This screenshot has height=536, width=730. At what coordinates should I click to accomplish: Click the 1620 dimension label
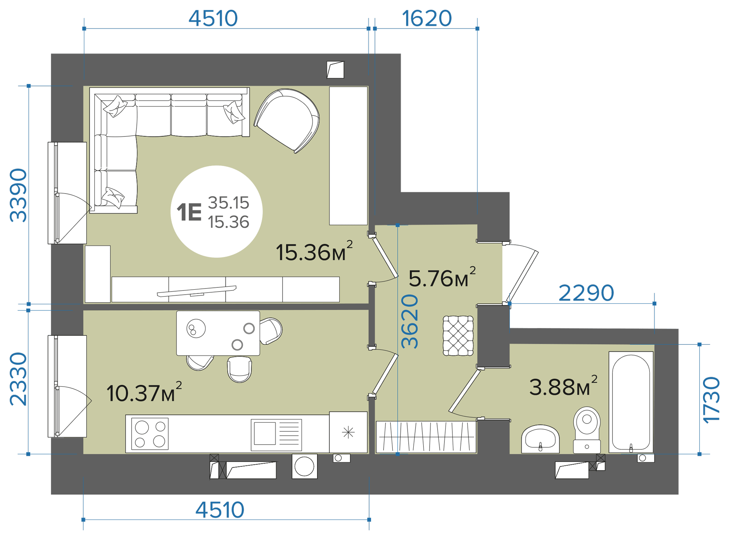pos(427,18)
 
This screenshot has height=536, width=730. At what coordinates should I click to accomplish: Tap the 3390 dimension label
pos(18,195)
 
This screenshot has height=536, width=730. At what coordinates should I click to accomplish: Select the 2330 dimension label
pos(18,379)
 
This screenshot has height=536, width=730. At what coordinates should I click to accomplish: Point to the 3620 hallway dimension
pos(410,321)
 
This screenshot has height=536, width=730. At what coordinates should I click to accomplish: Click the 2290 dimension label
pos(586,293)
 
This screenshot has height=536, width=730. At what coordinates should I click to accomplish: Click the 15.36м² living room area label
pos(314,251)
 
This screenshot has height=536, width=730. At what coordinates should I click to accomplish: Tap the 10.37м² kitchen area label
pos(144,392)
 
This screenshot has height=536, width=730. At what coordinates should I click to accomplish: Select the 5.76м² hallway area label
pos(442,277)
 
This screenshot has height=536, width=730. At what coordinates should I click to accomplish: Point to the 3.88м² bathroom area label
pos(563,386)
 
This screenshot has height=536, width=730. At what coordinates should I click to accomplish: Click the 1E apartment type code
pos(189,212)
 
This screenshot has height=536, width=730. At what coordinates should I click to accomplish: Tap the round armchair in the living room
pos(287,120)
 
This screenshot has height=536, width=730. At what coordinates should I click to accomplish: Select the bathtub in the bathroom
pos(631,402)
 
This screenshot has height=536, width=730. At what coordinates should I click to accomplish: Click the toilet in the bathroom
pos(587,430)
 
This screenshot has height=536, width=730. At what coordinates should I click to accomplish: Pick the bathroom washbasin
pos(540,439)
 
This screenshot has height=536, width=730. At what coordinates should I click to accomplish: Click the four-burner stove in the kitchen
pos(150,434)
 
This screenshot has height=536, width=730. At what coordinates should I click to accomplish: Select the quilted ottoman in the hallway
pos(458,336)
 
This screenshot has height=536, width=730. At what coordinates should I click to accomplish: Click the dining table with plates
pos(218,333)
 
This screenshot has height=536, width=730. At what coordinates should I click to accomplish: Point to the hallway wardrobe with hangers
pos(426,437)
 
